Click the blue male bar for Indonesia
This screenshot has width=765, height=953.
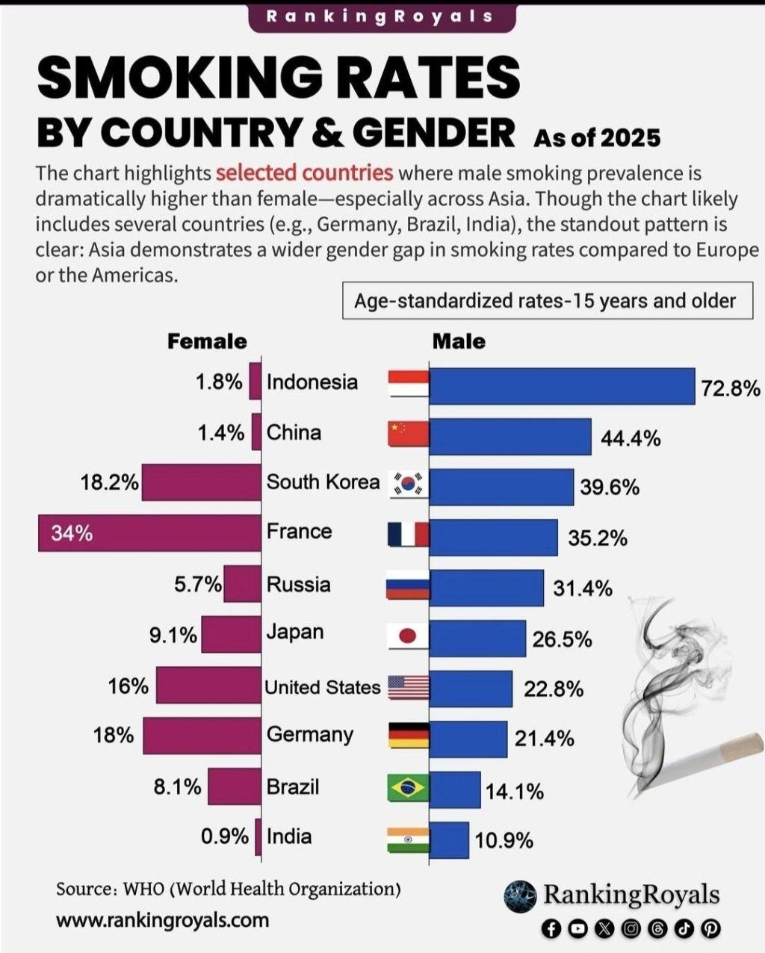(562, 386)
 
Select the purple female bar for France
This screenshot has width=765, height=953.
(149, 533)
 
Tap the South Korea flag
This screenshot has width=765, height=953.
(409, 485)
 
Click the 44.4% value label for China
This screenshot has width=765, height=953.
(631, 438)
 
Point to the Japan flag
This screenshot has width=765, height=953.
(409, 636)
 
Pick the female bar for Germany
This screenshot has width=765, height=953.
(202, 736)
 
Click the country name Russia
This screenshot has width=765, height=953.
(298, 584)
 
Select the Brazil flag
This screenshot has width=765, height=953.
(409, 788)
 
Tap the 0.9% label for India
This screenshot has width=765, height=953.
(224, 836)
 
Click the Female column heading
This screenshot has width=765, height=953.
(207, 341)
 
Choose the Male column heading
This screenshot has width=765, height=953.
(459, 341)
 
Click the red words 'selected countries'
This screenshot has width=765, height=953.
(304, 173)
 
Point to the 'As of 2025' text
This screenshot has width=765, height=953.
(597, 137)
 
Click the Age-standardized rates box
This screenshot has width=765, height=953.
(545, 300)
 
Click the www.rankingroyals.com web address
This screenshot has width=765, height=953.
(162, 919)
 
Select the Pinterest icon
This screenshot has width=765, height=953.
(710, 928)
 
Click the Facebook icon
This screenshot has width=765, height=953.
(551, 928)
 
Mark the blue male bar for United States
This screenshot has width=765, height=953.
(471, 688)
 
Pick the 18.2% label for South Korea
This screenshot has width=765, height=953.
(109, 482)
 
